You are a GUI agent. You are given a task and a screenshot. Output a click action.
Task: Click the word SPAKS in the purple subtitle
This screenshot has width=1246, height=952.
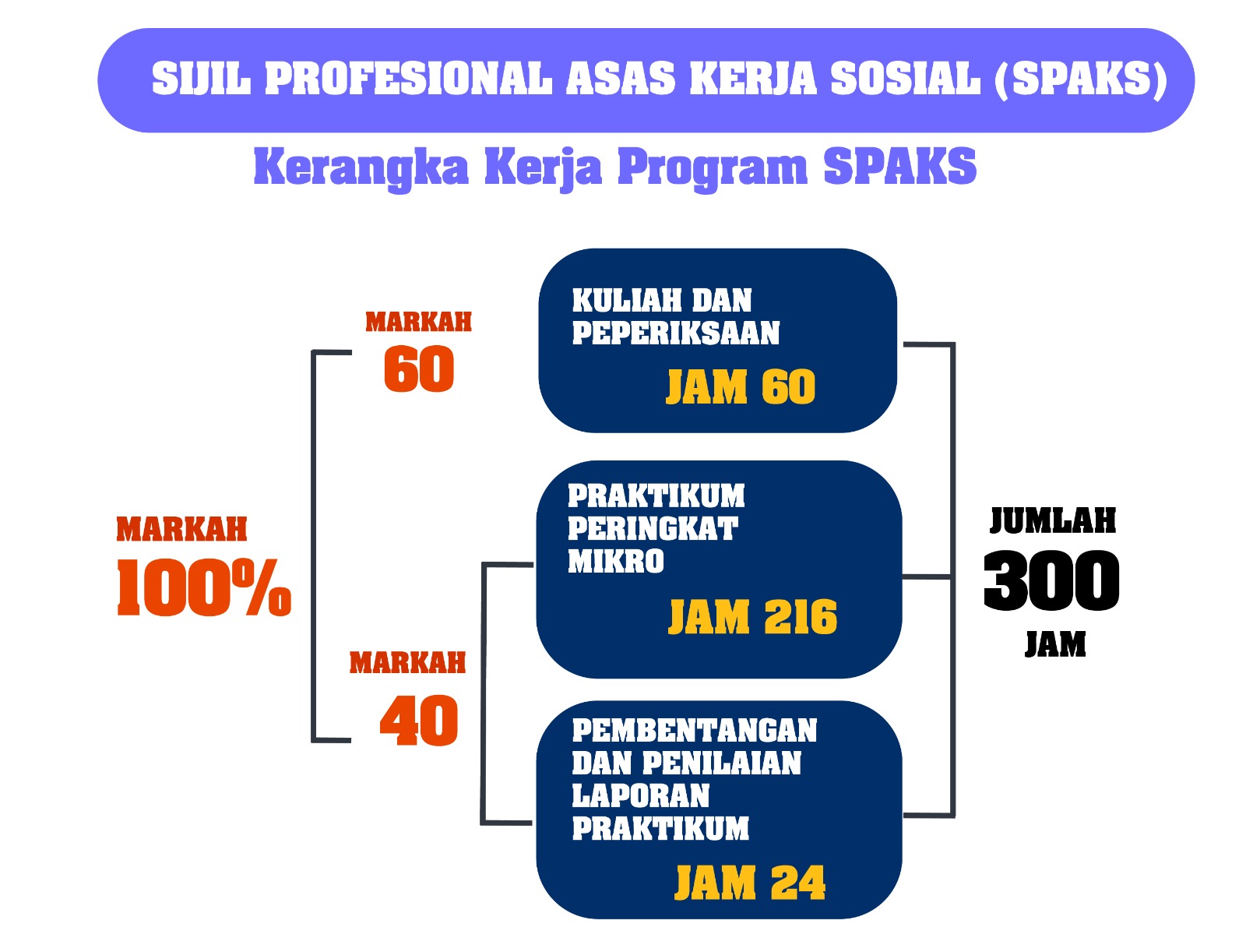pos(899,167)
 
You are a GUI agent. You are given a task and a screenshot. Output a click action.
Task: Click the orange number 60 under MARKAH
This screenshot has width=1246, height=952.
pos(419,369)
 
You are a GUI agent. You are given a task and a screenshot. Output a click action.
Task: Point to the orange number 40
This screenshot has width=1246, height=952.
pos(419,721)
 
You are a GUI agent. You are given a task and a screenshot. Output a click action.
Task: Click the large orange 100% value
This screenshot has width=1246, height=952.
pos(204,587)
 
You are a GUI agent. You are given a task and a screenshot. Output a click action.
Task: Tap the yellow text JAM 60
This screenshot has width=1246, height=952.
pos(741,386)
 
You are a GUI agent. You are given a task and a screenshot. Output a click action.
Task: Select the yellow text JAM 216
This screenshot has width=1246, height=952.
pos(752,616)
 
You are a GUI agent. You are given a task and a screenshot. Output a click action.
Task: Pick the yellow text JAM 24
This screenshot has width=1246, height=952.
pos(750,882)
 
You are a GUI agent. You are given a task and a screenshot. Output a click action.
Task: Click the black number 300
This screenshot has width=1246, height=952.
pos(1052,580)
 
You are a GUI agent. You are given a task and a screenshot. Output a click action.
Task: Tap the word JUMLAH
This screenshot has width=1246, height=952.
pos(1053,521)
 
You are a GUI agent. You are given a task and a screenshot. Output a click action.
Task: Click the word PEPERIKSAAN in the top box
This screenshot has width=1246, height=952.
pos(675,333)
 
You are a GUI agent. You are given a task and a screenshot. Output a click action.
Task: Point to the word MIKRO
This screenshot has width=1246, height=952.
pos(616,562)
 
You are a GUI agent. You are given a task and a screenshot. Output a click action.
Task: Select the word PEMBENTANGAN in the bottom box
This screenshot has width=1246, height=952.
pos(694,731)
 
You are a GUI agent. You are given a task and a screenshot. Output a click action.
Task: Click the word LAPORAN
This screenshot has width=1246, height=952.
pos(641,796)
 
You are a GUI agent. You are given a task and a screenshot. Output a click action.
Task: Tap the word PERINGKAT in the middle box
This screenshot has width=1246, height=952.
pos(653,528)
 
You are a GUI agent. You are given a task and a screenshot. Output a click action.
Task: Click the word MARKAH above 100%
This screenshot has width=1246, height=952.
pos(181,529)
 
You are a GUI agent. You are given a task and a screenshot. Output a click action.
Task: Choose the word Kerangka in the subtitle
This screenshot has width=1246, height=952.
pos(361,168)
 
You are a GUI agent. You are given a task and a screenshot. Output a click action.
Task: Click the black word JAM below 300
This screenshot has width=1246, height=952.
pos(1055,644)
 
